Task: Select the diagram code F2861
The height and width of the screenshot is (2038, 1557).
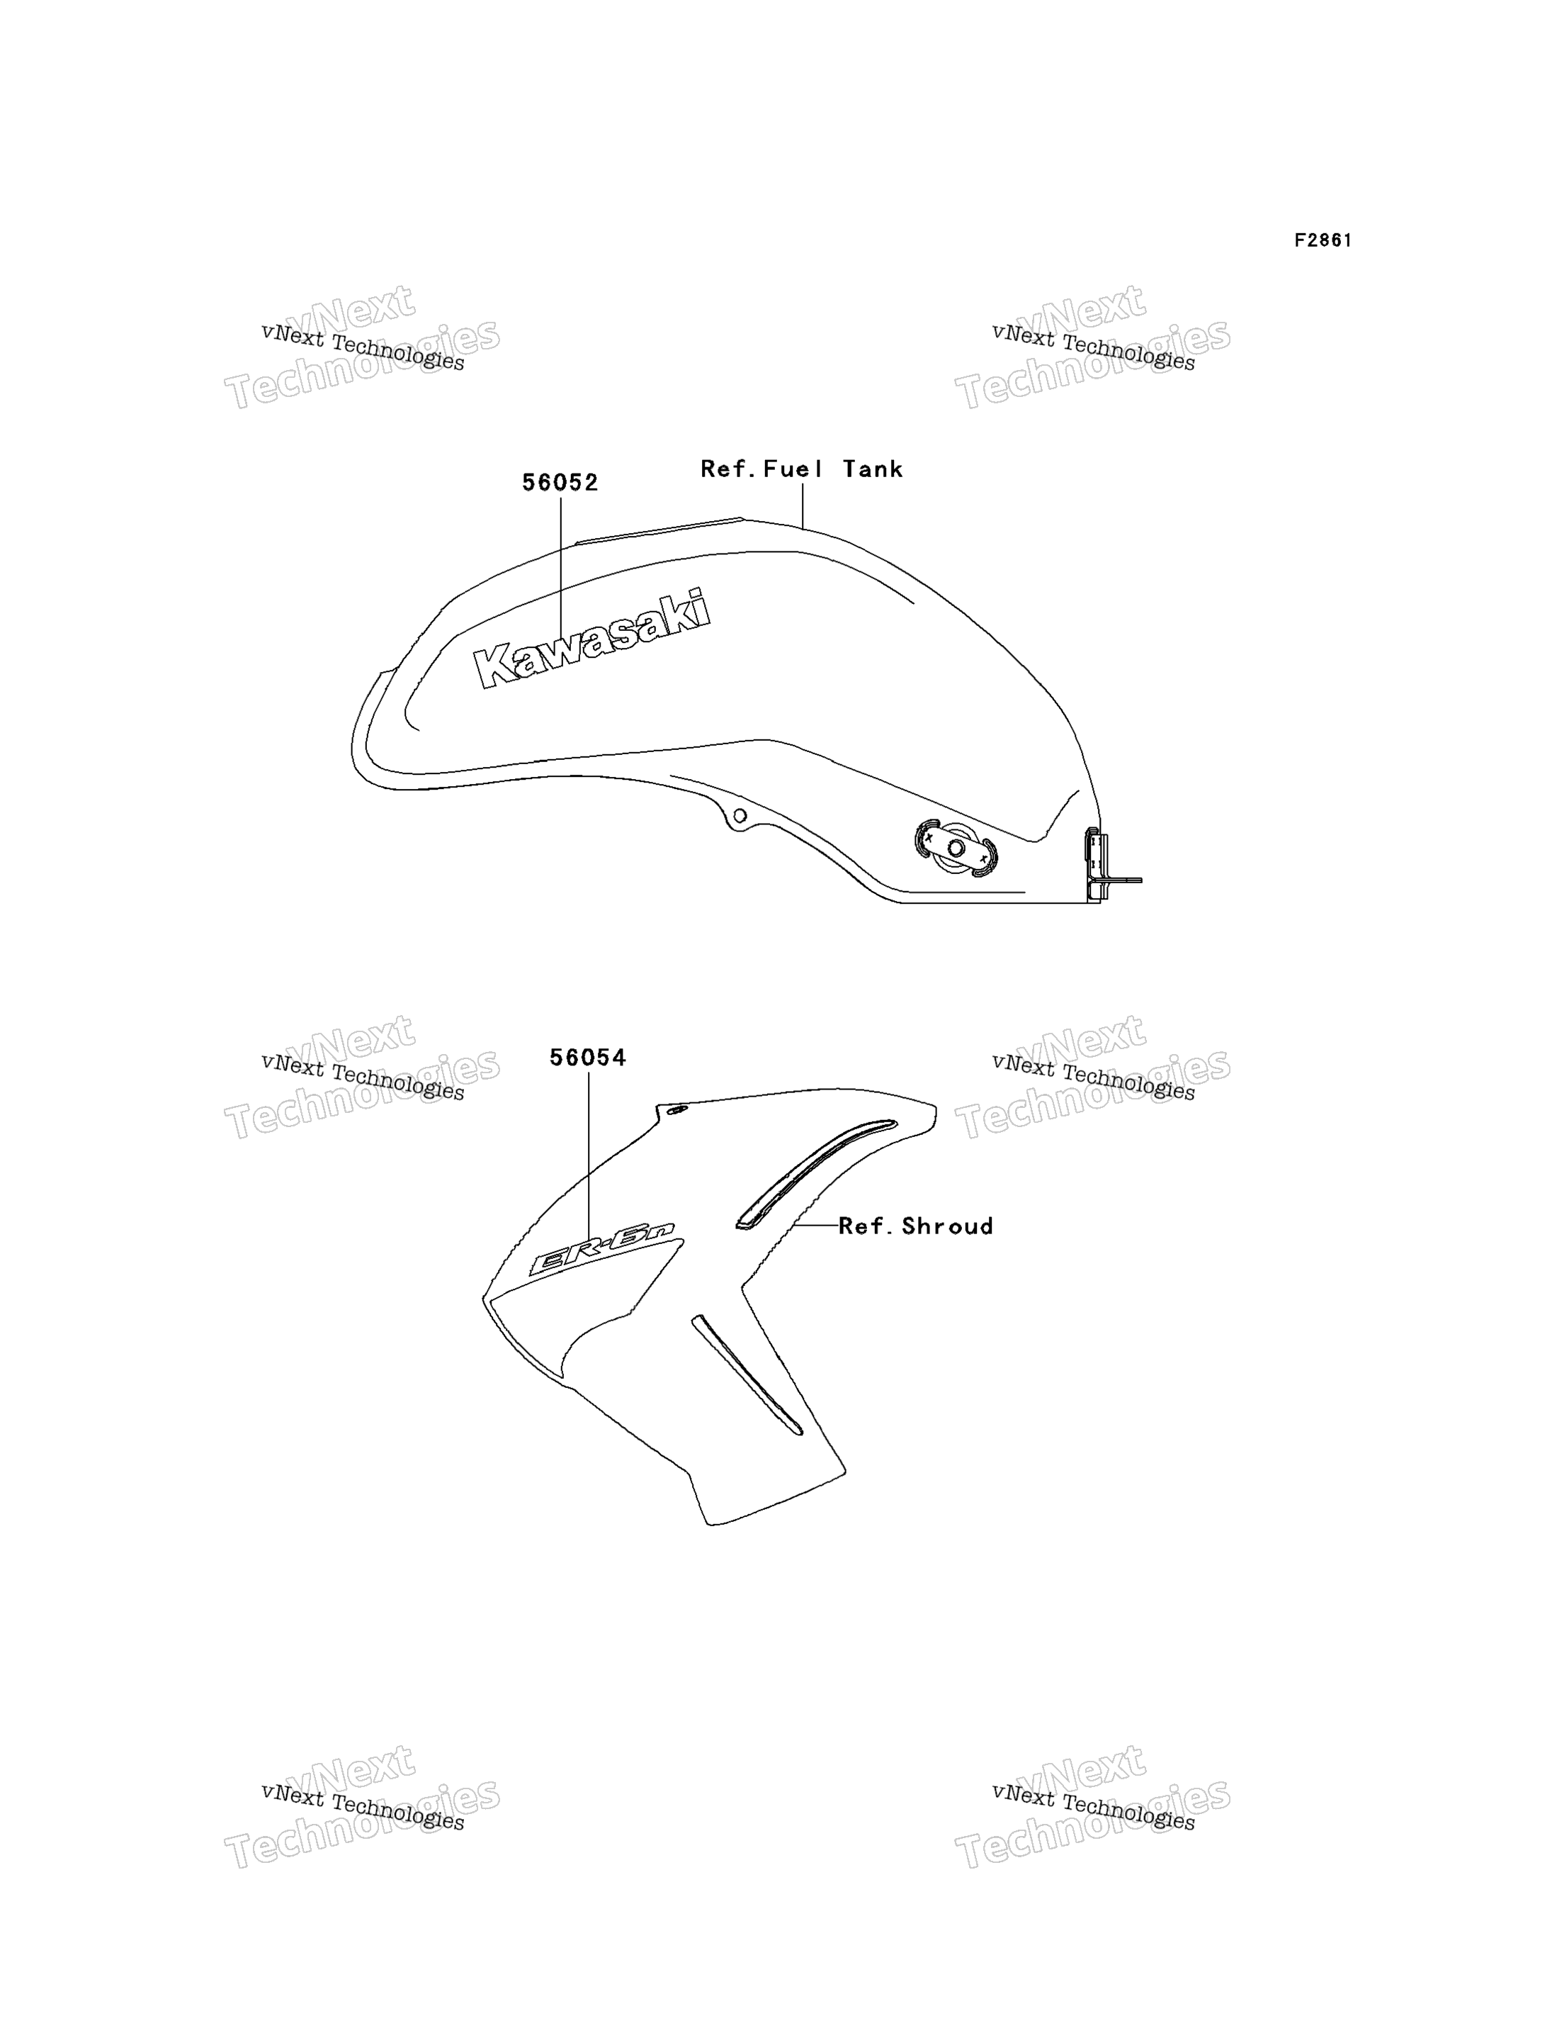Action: coord(1323,240)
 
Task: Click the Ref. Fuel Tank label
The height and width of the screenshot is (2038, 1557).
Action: coord(802,469)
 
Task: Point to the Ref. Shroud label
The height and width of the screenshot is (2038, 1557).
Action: coord(916,1226)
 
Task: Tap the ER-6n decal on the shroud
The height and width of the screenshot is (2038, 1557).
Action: coord(601,1248)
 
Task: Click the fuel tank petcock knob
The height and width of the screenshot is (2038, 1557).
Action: coord(956,846)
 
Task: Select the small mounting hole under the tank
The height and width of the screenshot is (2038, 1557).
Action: coord(740,816)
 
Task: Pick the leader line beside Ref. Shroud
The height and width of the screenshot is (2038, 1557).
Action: coord(815,1225)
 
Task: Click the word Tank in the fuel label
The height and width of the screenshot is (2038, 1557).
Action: coord(873,469)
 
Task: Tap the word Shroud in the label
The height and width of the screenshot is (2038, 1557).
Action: coord(948,1226)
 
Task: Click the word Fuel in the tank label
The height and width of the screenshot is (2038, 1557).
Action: coord(793,469)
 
